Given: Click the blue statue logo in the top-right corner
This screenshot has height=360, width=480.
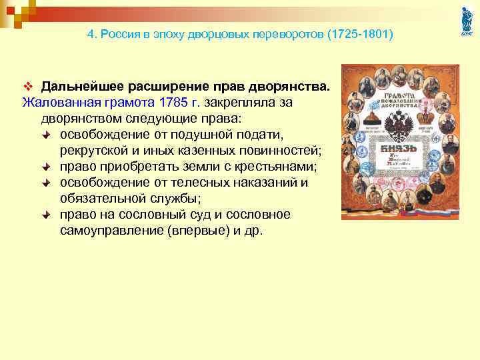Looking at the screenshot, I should [465, 22].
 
